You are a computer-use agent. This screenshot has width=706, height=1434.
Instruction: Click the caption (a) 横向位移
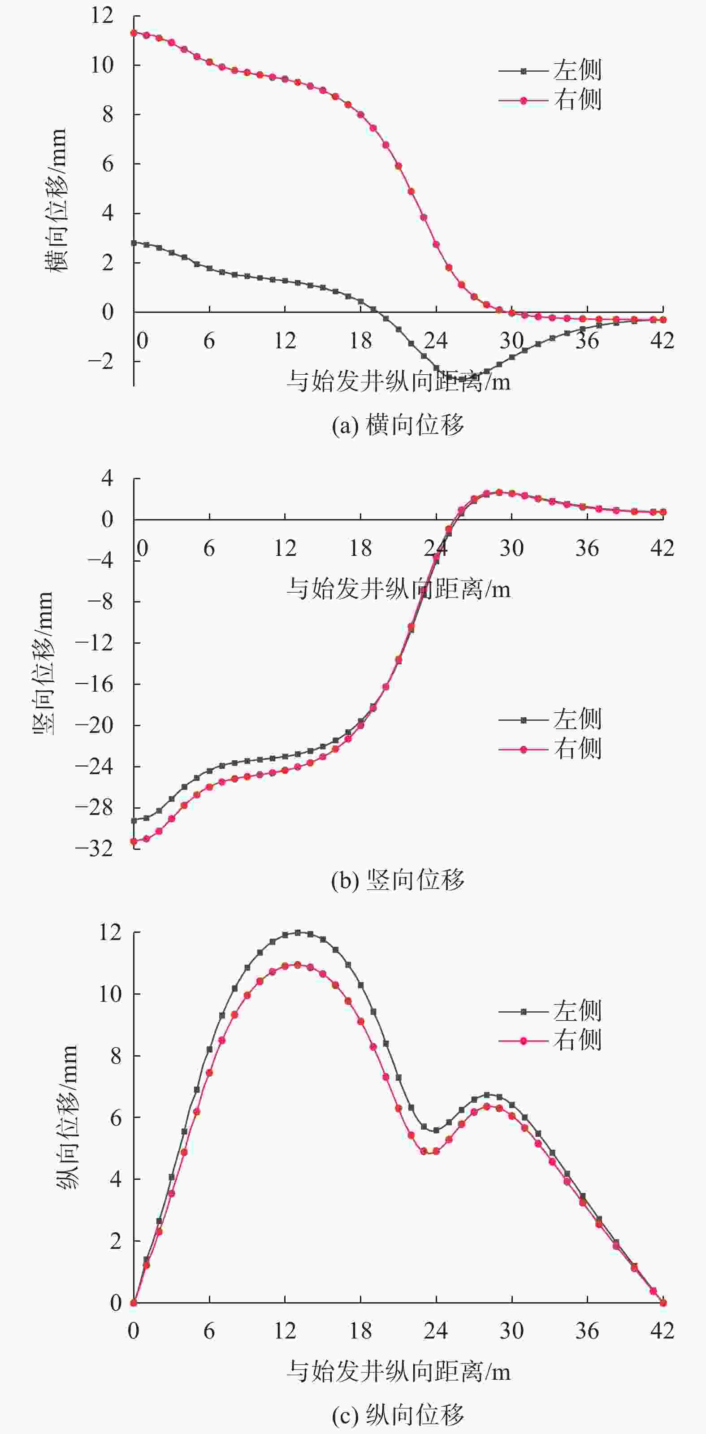coord(398,426)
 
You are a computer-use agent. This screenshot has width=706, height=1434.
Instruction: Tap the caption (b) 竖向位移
coord(398,880)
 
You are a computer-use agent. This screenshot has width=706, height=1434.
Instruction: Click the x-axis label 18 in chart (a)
coord(360,341)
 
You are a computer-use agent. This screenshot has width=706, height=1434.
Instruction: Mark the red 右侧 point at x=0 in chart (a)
coord(134,33)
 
